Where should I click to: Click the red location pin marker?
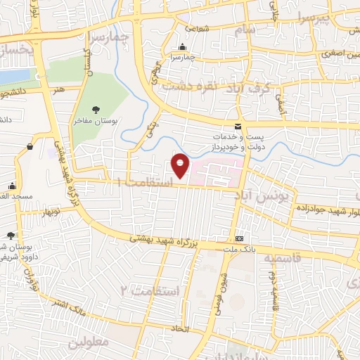click(x=181, y=166)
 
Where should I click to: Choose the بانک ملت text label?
click(x=238, y=249)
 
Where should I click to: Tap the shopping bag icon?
click(x=30, y=146)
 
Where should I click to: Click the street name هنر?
click(x=58, y=89)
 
